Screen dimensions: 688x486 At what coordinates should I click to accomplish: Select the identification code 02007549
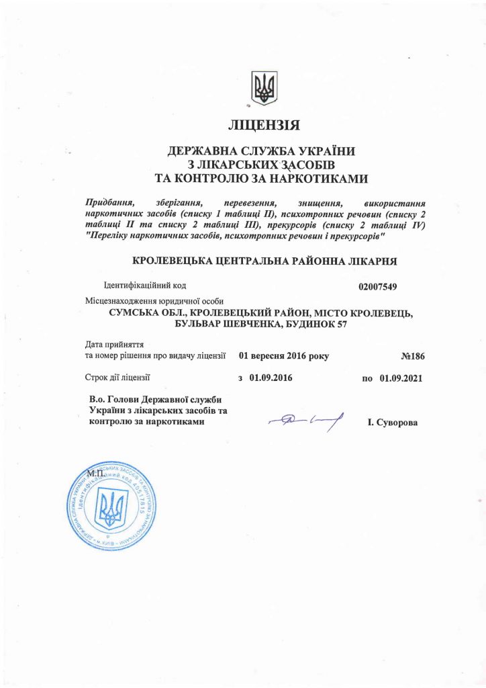(379, 287)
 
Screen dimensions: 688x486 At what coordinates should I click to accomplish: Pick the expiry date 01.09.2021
(400, 378)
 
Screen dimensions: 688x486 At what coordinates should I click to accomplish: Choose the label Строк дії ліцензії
(119, 378)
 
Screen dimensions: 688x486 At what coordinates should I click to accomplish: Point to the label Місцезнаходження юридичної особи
(154, 300)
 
